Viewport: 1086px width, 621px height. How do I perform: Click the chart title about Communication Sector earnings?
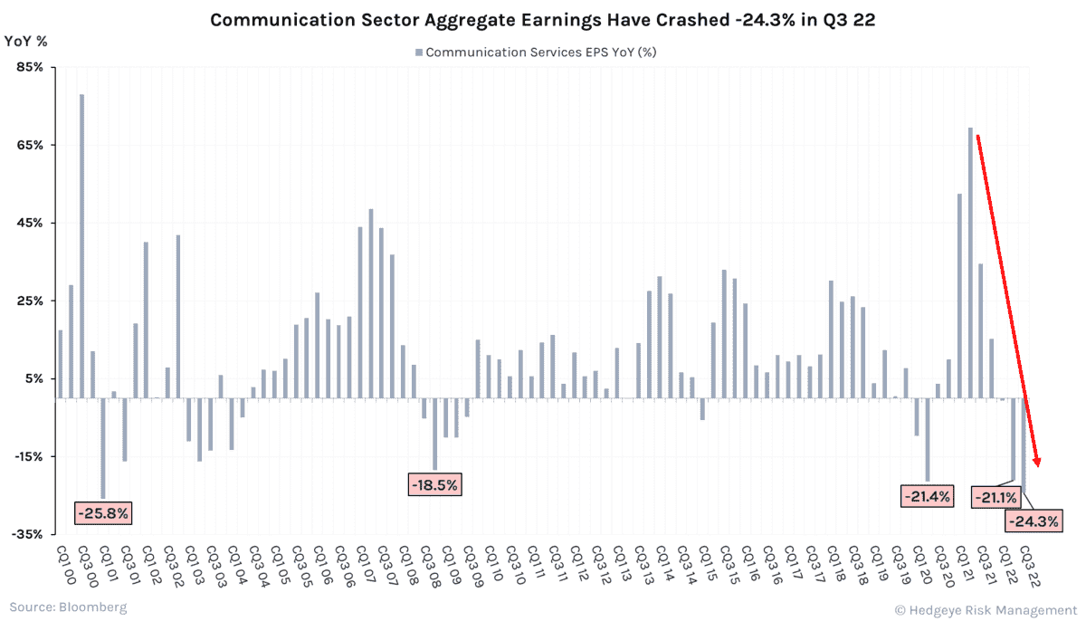[x=542, y=19]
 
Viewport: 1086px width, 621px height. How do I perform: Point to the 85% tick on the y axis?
[x=30, y=68]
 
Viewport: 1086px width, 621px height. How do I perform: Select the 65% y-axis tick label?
[x=30, y=146]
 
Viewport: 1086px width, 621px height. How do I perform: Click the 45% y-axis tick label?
[x=30, y=224]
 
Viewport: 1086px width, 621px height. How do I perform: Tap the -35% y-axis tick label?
[x=28, y=535]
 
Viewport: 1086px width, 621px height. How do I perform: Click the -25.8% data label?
[x=103, y=513]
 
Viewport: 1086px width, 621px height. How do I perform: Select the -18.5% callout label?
[x=435, y=484]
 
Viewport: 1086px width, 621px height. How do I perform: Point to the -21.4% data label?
[x=926, y=495]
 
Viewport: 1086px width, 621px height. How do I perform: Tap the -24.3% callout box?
[x=1032, y=521]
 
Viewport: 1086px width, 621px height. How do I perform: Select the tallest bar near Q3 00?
[x=81, y=244]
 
